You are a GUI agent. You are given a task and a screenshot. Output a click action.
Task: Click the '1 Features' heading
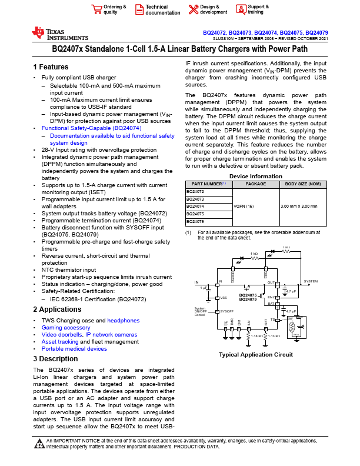pyautogui.click(x=52, y=67)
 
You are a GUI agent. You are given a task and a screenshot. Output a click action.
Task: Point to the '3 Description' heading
pyautogui.click(x=55, y=358)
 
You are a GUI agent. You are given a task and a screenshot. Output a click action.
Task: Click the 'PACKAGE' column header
pyautogui.click(x=255, y=184)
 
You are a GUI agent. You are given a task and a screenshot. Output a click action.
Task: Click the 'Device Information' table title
pyautogui.click(x=255, y=177)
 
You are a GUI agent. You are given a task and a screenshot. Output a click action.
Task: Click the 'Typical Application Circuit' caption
pyautogui.click(x=255, y=355)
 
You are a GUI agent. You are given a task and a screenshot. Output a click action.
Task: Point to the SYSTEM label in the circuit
pyautogui.click(x=311, y=282)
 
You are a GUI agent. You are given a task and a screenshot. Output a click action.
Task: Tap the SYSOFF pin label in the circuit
pyautogui.click(x=227, y=310)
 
